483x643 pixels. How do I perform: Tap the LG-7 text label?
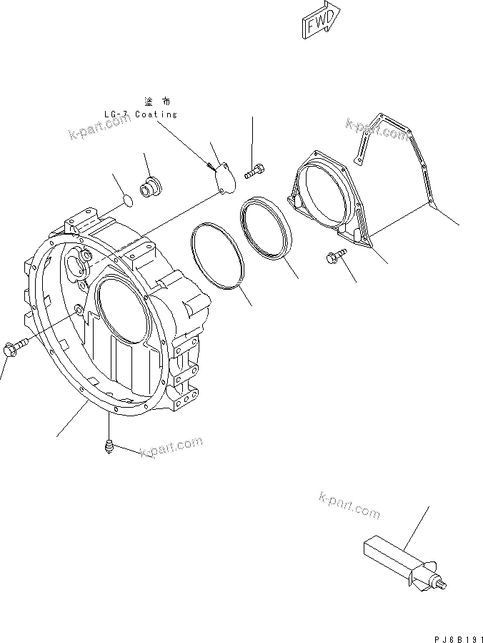116,114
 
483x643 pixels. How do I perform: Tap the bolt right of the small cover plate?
254,171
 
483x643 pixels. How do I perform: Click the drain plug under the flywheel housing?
109,446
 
